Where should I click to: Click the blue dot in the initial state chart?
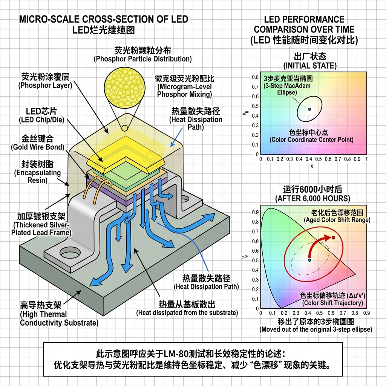coord(309,109)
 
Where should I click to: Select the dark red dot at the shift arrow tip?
coord(333,238)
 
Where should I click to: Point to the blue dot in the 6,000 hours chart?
coord(309,260)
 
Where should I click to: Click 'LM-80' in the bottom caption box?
coord(174,354)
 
